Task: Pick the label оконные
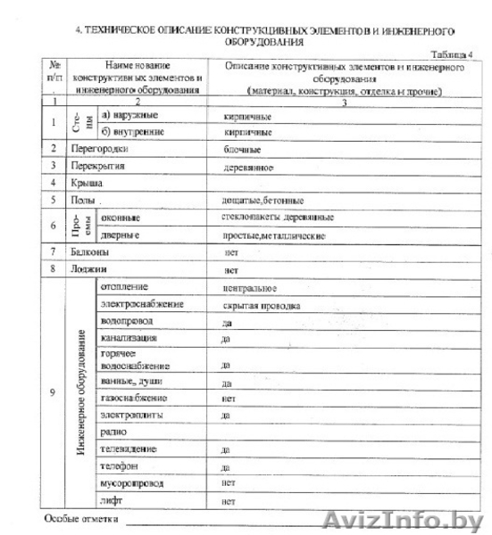click(x=120, y=218)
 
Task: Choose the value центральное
click(x=249, y=288)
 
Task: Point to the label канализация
click(x=129, y=339)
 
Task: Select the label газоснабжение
click(x=134, y=398)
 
